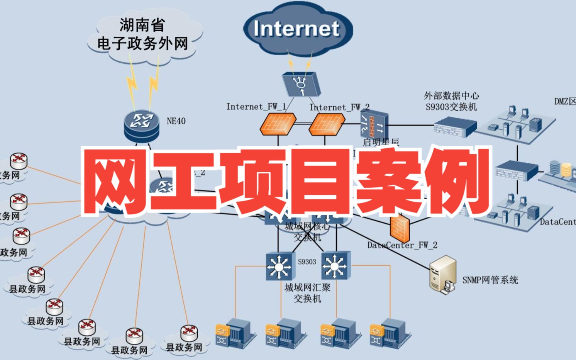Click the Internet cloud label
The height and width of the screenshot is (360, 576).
[x=296, y=29]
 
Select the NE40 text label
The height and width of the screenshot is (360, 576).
[x=176, y=121]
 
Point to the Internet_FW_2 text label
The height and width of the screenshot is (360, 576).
[x=339, y=107]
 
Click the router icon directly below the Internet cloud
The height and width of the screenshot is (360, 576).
[x=301, y=84]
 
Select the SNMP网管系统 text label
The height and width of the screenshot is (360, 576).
[x=490, y=280]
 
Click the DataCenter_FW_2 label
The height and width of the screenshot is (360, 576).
[x=402, y=245]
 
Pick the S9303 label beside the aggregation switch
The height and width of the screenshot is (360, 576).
[x=307, y=262]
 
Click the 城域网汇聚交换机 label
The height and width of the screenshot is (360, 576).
[x=307, y=293]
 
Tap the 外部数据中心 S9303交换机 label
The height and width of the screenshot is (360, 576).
[x=451, y=101]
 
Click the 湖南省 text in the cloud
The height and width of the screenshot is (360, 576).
[x=142, y=25]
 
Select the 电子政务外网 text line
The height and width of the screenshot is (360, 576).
[x=142, y=44]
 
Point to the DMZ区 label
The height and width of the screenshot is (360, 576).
[x=565, y=102]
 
